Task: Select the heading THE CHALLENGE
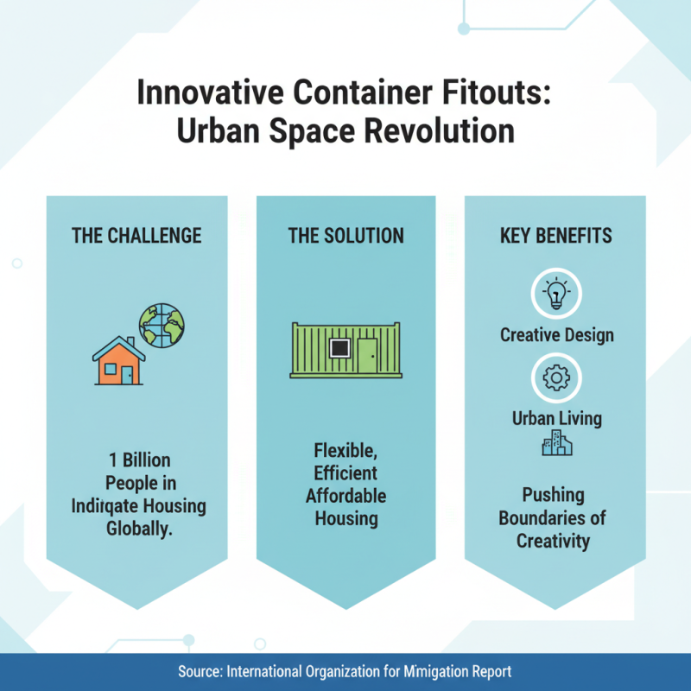tap(136, 236)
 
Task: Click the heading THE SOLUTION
tap(345, 236)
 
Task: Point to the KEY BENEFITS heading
tap(555, 236)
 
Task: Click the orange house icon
tap(119, 362)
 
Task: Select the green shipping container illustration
tap(345, 350)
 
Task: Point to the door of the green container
tap(367, 354)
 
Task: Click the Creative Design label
tap(556, 334)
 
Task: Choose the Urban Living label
tap(556, 419)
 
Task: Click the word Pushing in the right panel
tap(553, 496)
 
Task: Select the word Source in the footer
tap(200, 671)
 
